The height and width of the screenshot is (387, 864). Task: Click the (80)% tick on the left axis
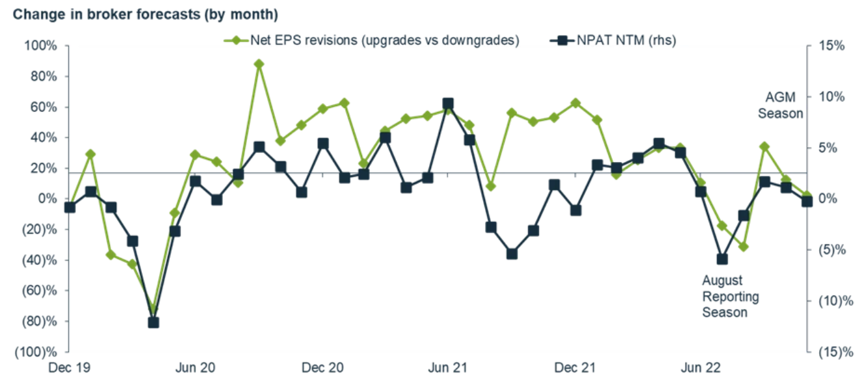[41, 321]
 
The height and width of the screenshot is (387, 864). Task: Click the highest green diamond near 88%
[259, 64]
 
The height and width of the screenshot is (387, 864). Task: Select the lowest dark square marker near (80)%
[153, 322]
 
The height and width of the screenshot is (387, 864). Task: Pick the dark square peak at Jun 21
[448, 104]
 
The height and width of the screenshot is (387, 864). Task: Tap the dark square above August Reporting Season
[722, 259]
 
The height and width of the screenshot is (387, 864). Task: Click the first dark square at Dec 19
[70, 207]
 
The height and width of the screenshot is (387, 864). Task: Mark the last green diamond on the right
[807, 195]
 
